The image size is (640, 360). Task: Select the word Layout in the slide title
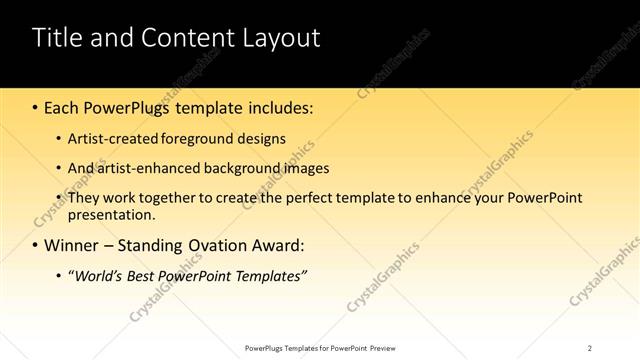click(283, 39)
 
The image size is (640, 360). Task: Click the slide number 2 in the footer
click(589, 348)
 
